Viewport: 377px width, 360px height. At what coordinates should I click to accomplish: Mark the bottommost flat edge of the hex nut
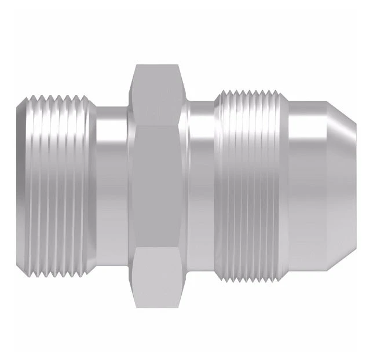point(156,307)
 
